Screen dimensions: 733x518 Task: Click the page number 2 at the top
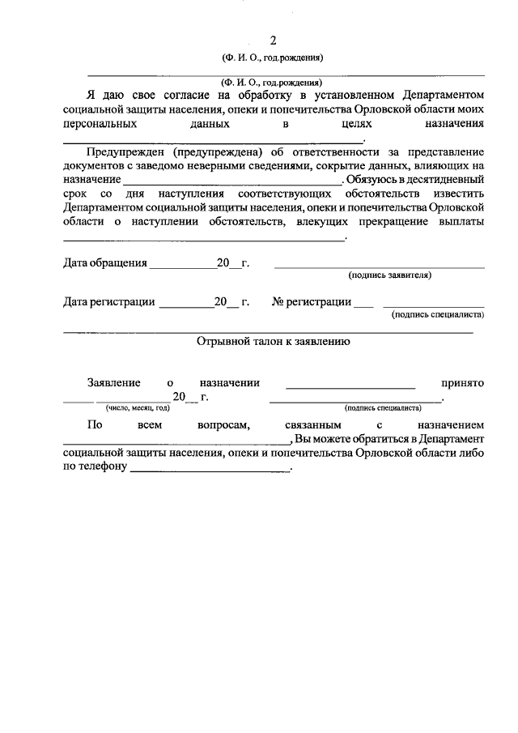pos(273,40)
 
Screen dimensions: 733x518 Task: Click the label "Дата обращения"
pos(105,263)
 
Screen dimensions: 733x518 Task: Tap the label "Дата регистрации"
pos(109,302)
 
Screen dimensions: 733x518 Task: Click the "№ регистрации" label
pos(312,302)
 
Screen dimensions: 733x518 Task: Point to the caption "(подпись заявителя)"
pos(389,275)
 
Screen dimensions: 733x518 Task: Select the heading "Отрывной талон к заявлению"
pos(273,342)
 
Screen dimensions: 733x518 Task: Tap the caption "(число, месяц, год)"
pos(127,408)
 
